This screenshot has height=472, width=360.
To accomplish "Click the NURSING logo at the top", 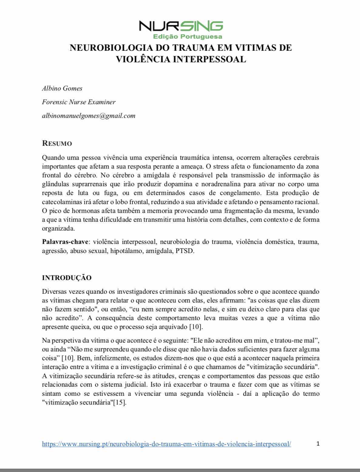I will click(181, 26).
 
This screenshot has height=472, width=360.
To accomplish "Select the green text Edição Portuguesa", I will click(188, 37).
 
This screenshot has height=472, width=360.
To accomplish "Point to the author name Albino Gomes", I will click(62, 88).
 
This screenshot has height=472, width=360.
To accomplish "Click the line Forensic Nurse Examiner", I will click(79, 102).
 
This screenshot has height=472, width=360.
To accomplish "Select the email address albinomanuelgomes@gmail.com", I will click(89, 116).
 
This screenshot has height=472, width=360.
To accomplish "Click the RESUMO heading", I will click(57, 143).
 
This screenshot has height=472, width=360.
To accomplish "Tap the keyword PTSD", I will click(185, 251).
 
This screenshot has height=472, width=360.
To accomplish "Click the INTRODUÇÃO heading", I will click(67, 278).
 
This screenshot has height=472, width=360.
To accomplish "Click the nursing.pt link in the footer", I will click(166, 444).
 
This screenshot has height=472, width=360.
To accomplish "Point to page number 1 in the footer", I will click(318, 444).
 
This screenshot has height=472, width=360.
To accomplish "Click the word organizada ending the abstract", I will click(58, 228).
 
